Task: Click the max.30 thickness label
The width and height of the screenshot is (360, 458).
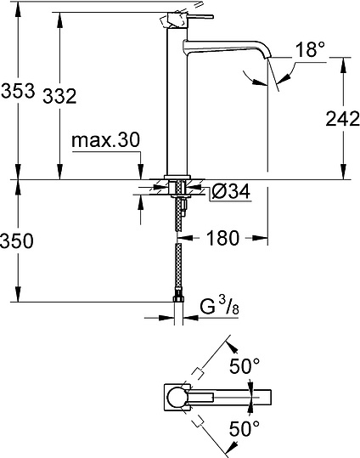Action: pyautogui.click(x=105, y=139)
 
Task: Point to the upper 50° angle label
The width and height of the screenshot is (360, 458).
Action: pyautogui.click(x=245, y=368)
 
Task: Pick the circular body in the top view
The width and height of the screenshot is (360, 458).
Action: pyautogui.click(x=177, y=399)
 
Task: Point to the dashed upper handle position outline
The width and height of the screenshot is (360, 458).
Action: pyautogui.click(x=208, y=360)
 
